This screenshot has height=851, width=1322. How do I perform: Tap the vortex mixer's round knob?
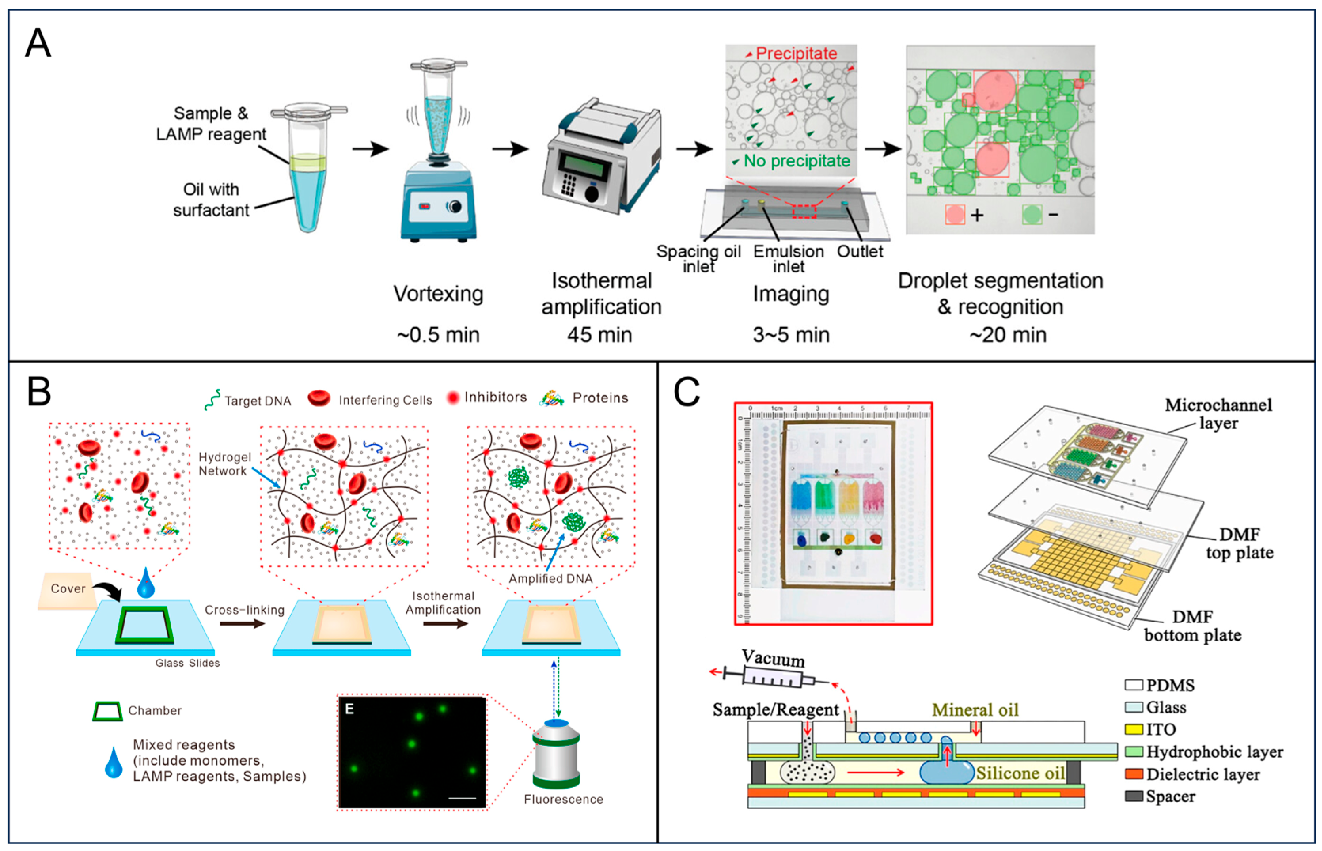pyautogui.click(x=455, y=207)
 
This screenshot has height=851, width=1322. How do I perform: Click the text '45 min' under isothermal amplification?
pyautogui.click(x=599, y=335)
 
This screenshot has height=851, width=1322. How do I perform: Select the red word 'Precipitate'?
pyautogui.click(x=796, y=54)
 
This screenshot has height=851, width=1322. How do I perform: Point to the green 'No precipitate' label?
pyautogui.click(x=796, y=161)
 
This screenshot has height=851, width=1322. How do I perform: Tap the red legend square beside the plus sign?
pyautogui.click(x=954, y=214)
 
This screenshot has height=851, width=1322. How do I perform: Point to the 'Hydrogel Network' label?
pyautogui.click(x=224, y=464)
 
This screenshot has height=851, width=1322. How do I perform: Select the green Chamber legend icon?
pyautogui.click(x=107, y=711)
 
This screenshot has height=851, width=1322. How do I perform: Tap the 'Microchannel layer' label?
pyautogui.click(x=1218, y=414)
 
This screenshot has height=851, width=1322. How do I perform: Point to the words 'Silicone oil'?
pyautogui.click(x=1020, y=773)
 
